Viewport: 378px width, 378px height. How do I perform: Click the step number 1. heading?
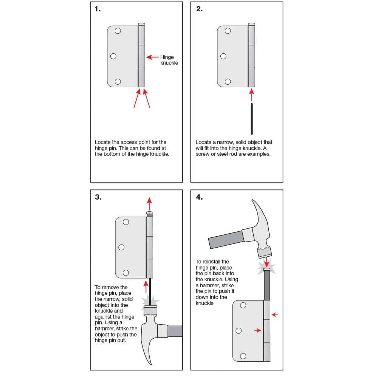98,9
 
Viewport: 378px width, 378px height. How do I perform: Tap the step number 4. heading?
199,197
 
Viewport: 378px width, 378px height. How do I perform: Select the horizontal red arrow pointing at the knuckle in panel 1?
152,57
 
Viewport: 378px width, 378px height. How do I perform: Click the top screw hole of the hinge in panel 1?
118,31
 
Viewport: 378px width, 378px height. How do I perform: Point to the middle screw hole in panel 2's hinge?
223,57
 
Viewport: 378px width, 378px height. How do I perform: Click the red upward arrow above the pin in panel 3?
150,203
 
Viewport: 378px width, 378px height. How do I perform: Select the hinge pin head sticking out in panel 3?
150,214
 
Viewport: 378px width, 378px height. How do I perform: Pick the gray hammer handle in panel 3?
175,331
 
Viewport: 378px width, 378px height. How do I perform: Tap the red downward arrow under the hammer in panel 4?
267,261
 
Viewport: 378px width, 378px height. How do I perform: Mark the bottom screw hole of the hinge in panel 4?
243,356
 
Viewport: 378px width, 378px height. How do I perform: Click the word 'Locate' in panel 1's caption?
103,143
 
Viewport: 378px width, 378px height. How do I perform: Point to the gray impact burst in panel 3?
150,301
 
